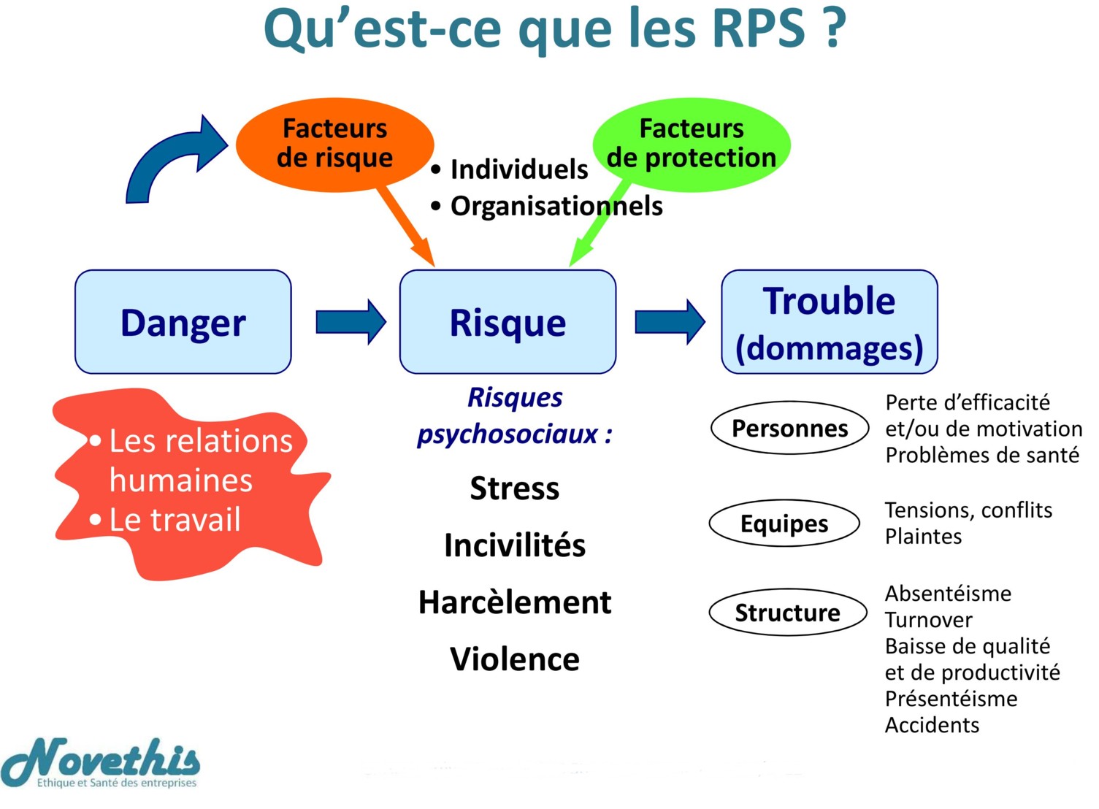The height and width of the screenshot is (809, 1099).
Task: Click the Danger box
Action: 183,322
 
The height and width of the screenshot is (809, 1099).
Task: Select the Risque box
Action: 508,322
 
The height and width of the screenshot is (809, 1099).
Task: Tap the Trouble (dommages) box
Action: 829,322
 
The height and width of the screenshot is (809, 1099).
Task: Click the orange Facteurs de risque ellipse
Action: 334,144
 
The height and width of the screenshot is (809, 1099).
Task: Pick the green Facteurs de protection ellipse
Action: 691,144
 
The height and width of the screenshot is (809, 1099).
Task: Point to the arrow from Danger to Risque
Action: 351,322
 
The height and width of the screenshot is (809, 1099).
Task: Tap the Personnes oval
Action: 789,428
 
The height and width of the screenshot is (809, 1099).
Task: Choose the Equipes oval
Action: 784,524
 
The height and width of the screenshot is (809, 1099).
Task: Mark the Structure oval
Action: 787,613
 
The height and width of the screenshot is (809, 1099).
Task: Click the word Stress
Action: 515,488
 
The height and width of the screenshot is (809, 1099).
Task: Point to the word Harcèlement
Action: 515,602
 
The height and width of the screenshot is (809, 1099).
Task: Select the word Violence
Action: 515,659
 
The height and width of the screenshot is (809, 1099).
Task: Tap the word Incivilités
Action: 515,545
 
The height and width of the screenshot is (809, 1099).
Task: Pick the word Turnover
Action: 928,620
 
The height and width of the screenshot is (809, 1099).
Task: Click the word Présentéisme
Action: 951,699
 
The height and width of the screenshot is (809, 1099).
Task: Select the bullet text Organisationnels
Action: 556,206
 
